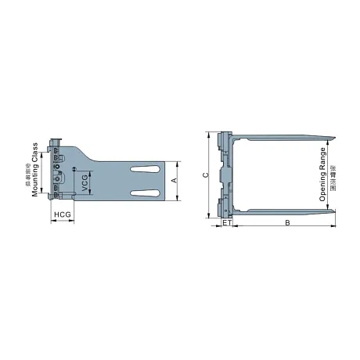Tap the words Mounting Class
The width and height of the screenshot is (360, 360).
click(36, 171)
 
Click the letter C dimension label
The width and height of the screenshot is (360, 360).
click(205, 175)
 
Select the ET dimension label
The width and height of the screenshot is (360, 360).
click(226, 223)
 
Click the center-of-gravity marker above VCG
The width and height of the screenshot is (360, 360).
click(74, 170)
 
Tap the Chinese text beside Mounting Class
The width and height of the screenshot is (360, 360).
click(27, 171)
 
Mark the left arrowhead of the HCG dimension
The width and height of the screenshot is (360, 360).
click(52, 220)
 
